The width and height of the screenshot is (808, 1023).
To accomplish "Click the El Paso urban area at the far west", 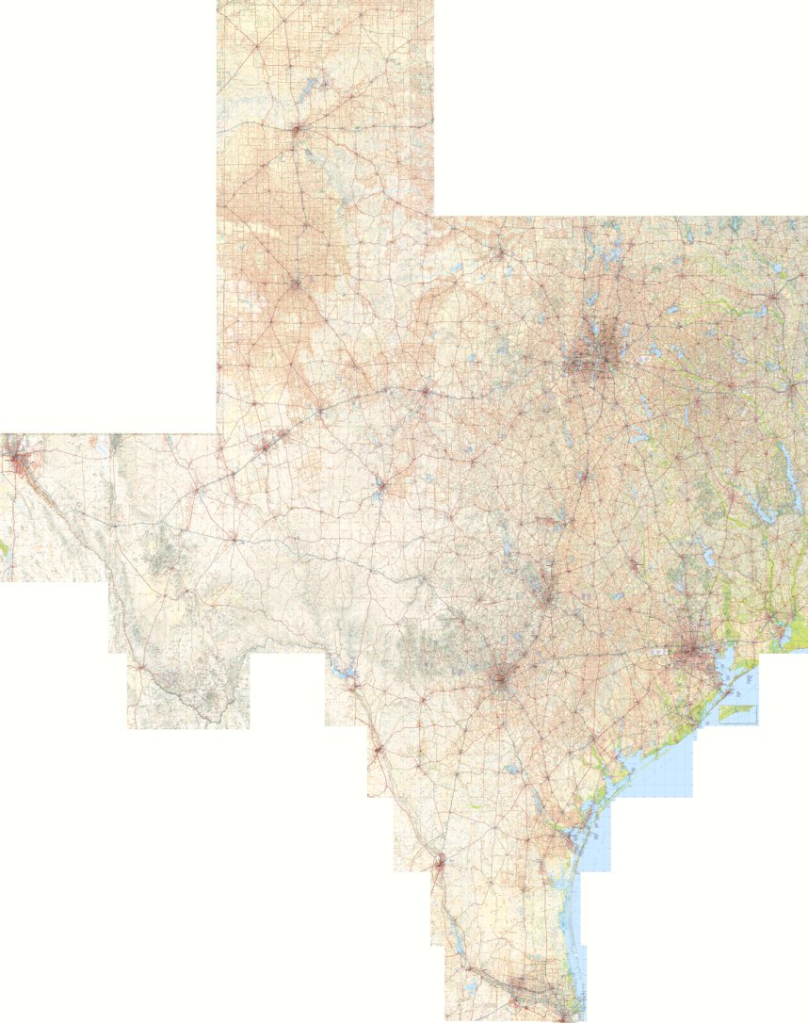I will click(x=18, y=462).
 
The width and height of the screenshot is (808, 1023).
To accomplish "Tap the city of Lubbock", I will click(x=296, y=282).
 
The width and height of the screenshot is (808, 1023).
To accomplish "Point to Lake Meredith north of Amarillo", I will click(x=312, y=90).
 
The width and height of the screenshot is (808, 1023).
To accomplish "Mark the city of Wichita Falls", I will click(x=498, y=252).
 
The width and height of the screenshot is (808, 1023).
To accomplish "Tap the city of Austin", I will click(x=547, y=593).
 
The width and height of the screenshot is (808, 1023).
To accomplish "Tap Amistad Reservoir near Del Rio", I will click(x=341, y=671).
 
